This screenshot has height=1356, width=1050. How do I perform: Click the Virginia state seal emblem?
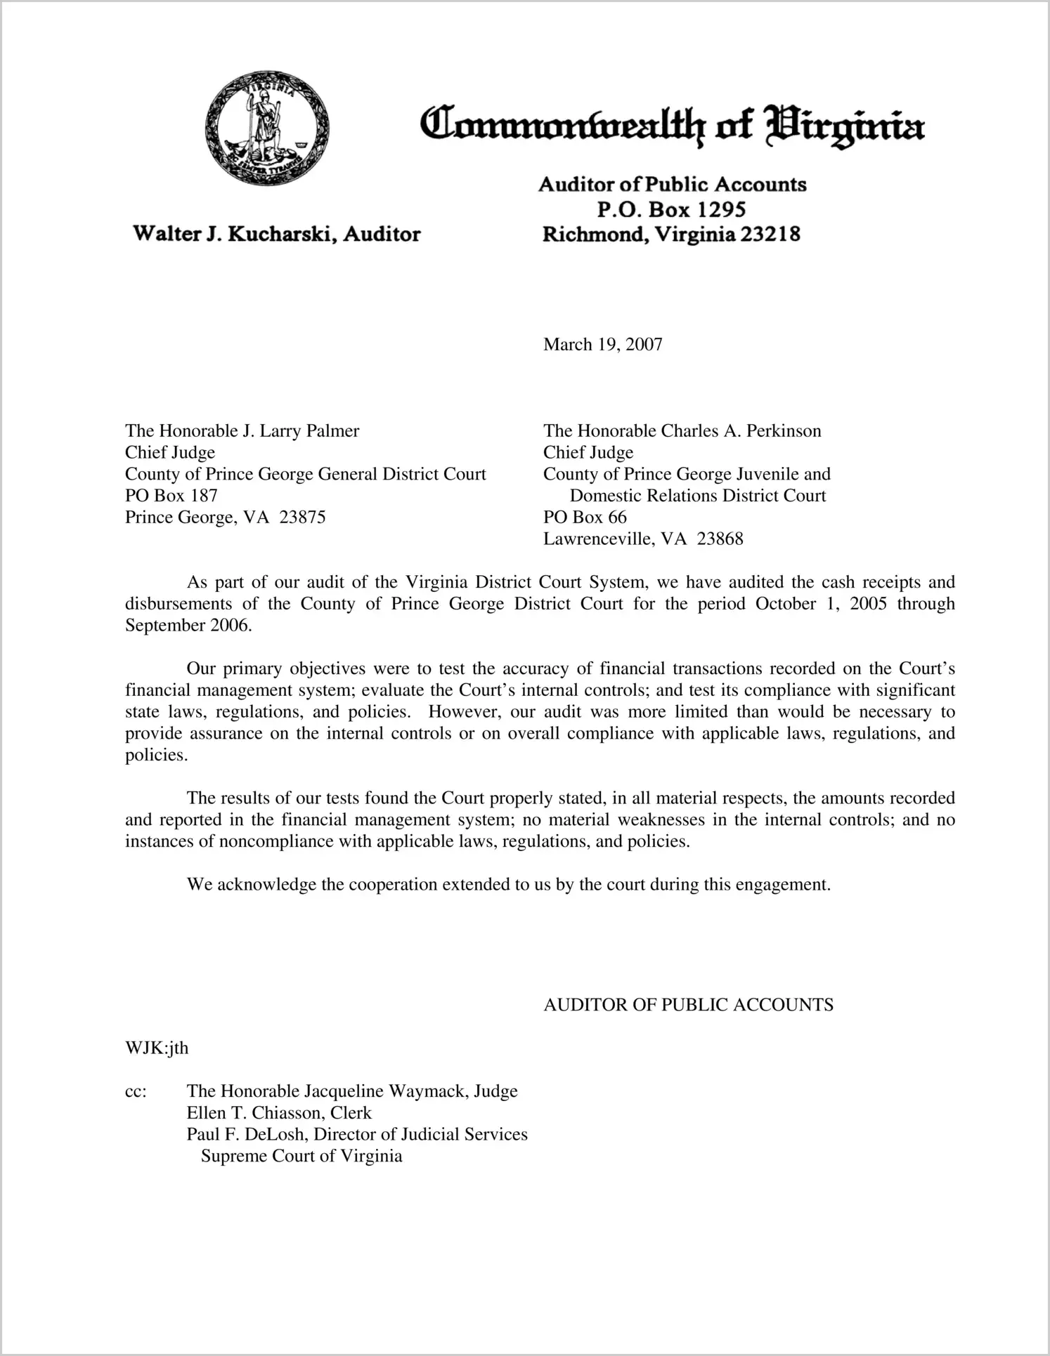click(267, 128)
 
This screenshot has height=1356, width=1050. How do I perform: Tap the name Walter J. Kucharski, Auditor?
click(277, 234)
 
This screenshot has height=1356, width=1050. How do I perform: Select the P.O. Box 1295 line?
click(670, 209)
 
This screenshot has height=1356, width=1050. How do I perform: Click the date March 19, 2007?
click(602, 344)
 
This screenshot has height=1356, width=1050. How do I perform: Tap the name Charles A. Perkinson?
click(741, 430)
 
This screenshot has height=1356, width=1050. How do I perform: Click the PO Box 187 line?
click(171, 495)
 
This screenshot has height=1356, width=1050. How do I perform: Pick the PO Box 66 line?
click(585, 517)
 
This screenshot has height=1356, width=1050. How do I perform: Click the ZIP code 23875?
click(302, 518)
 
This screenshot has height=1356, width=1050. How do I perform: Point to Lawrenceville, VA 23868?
click(643, 539)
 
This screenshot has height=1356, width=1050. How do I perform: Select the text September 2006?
click(188, 625)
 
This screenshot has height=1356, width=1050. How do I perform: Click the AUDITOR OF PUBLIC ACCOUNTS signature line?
click(688, 1004)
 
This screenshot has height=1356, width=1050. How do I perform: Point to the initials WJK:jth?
click(157, 1048)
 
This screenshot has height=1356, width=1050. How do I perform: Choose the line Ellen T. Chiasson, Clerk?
click(278, 1112)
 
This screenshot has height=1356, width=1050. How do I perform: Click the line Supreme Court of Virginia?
click(302, 1156)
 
